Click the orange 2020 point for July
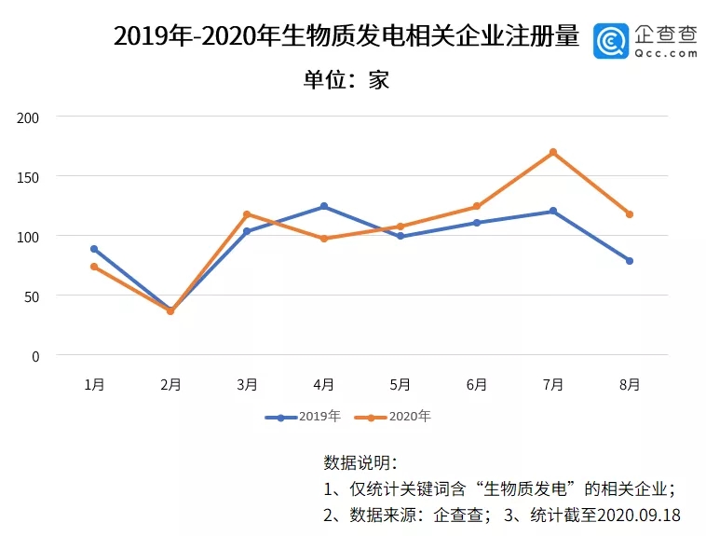[553, 152]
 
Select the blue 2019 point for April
[324, 206]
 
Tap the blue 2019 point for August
[630, 261]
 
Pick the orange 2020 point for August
[630, 214]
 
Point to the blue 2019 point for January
[94, 249]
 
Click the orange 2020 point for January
[94, 267]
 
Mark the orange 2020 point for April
[324, 239]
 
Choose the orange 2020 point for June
[477, 206]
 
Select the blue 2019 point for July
[553, 211]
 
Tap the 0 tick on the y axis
[36, 356]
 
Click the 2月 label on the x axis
[170, 384]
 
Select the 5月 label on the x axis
[401, 384]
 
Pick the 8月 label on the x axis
[630, 384]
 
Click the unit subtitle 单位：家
[346, 79]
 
